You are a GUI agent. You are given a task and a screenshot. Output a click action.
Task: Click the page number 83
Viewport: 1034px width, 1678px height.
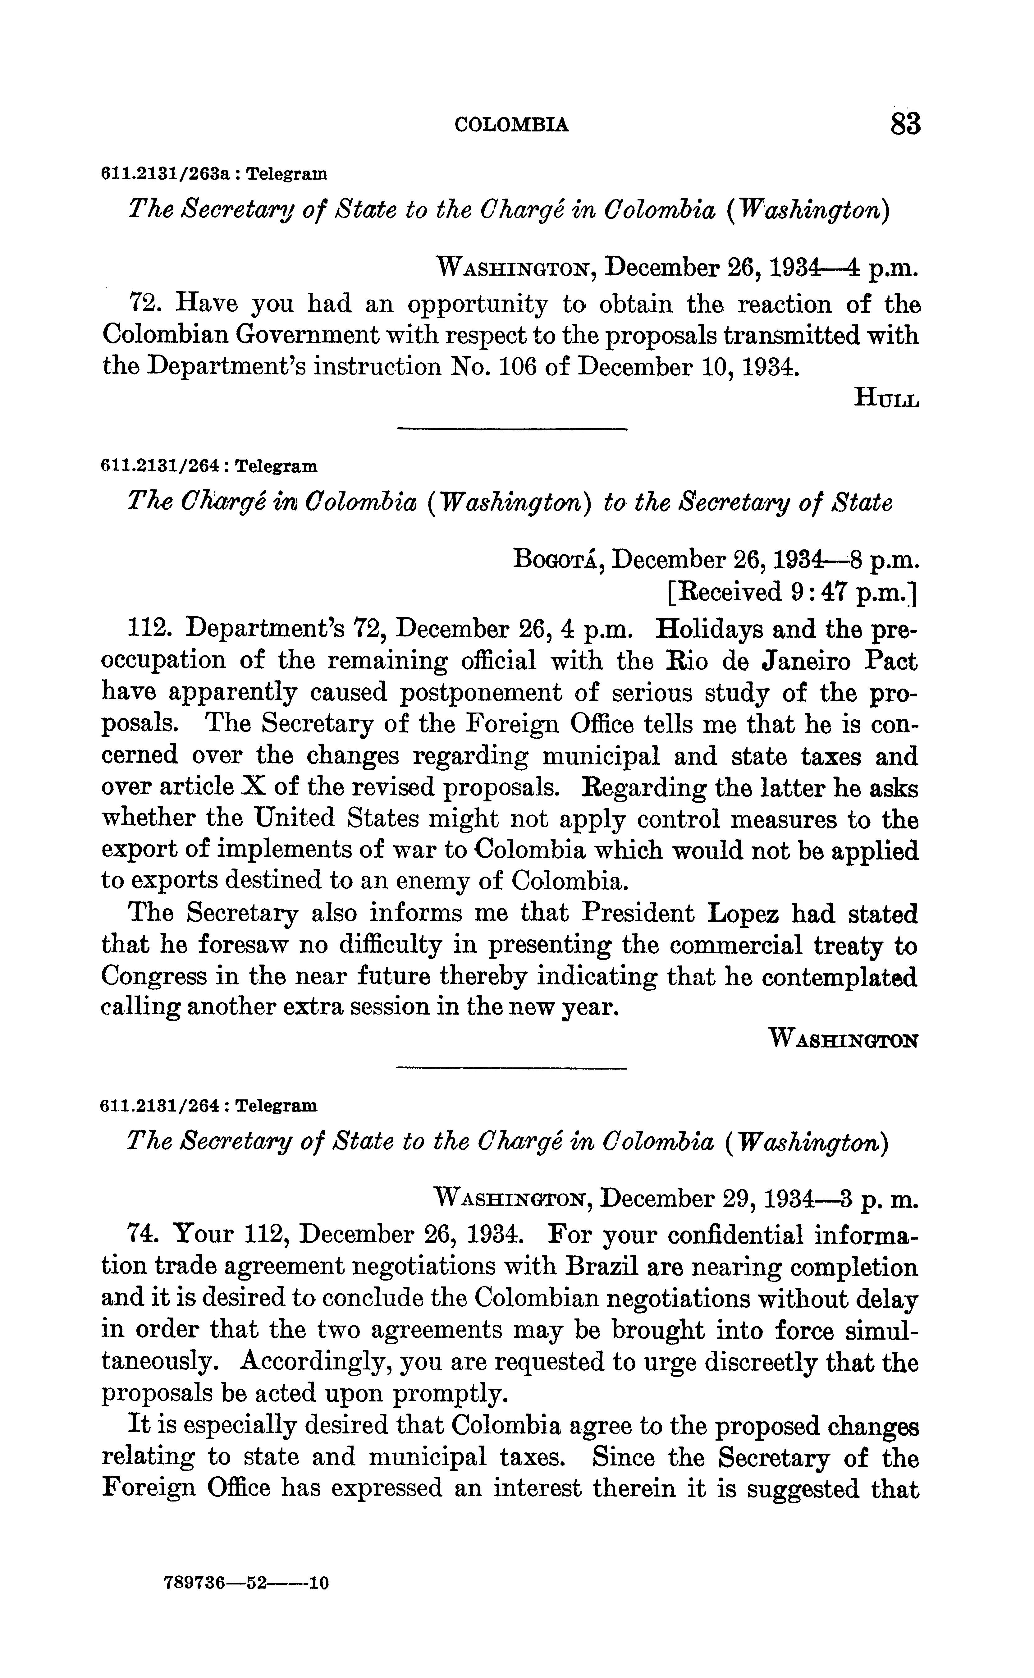(x=905, y=125)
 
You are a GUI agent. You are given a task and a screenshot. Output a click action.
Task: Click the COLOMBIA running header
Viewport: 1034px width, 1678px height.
(x=511, y=125)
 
